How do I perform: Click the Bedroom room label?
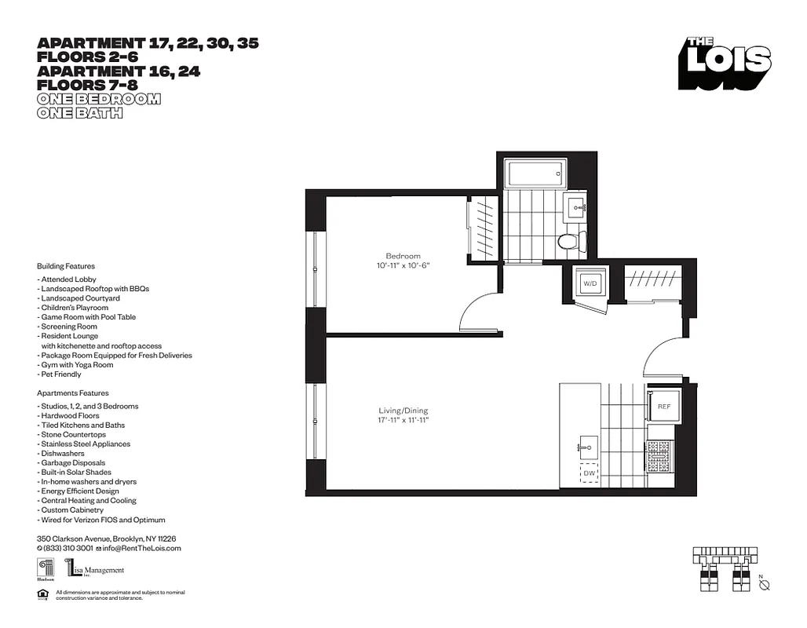[403, 256]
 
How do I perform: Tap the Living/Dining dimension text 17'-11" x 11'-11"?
[403, 421]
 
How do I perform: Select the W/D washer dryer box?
[590, 283]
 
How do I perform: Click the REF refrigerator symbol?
[663, 407]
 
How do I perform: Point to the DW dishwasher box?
[589, 474]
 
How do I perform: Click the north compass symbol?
[767, 586]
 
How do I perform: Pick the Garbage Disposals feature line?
[72, 463]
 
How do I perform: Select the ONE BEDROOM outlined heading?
[99, 99]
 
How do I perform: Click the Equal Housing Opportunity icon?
[42, 594]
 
